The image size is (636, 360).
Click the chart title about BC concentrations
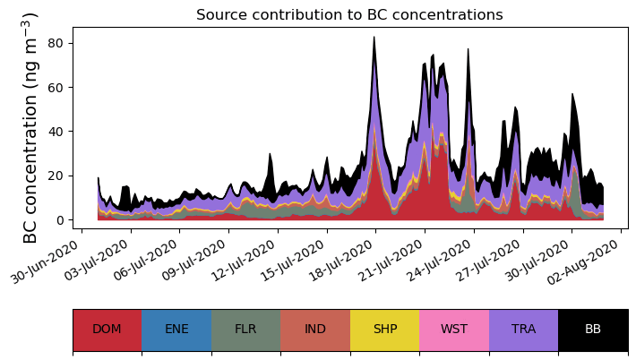(349, 14)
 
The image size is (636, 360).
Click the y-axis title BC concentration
(30, 128)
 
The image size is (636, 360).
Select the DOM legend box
(107, 329)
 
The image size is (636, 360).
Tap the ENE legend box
(176, 329)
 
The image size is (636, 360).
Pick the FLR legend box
(245, 329)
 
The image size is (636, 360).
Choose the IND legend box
(315, 329)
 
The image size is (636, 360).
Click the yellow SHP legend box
(384, 329)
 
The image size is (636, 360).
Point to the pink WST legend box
(454, 329)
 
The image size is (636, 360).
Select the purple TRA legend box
(523, 329)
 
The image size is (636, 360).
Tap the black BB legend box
(593, 329)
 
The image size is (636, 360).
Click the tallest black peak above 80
(374, 38)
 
